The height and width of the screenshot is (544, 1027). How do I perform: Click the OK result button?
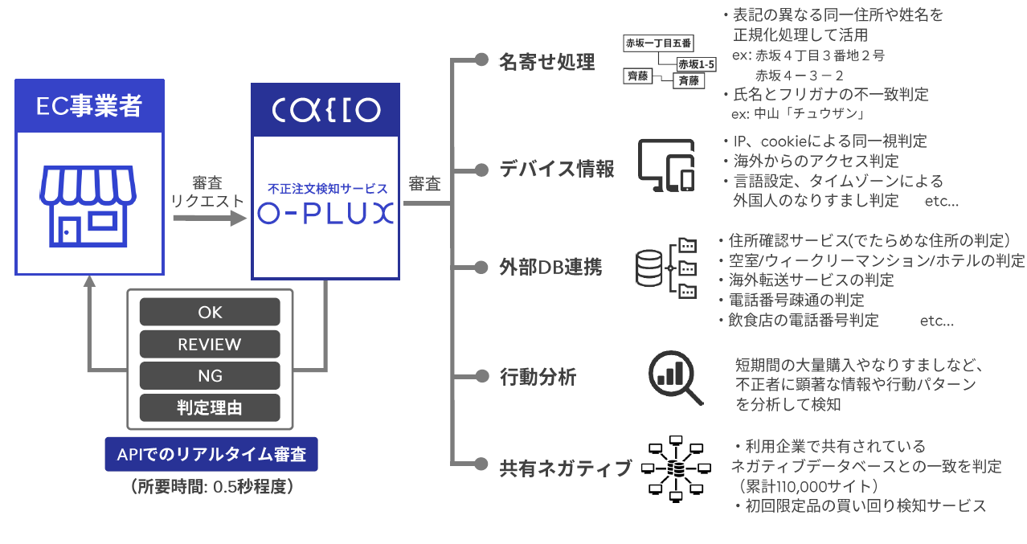(x=210, y=312)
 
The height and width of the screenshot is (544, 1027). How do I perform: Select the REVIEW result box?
(x=210, y=344)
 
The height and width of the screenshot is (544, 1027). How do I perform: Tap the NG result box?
(x=210, y=375)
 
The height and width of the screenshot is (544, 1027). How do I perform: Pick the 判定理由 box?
(x=210, y=407)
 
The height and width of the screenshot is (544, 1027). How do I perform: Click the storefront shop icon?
(x=88, y=207)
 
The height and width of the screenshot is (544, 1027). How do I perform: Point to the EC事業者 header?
(x=89, y=106)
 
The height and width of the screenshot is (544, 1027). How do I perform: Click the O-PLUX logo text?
(x=325, y=214)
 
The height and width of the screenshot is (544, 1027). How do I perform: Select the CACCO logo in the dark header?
(x=326, y=110)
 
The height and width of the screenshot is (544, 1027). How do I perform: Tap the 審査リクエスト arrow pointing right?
(x=210, y=218)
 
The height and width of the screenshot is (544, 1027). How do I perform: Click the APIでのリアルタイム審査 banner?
(x=211, y=454)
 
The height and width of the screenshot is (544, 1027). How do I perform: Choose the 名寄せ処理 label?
(x=546, y=62)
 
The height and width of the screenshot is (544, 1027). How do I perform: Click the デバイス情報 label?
(x=557, y=169)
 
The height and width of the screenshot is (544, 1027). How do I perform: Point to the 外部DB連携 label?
(x=550, y=268)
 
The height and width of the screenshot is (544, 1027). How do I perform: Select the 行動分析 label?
(x=538, y=377)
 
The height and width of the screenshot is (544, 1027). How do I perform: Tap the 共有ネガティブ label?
(x=565, y=468)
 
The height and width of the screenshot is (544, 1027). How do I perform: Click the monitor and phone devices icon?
(x=666, y=166)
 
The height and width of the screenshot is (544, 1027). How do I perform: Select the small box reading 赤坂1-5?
(x=697, y=64)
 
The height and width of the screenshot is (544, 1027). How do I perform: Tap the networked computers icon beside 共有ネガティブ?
(x=676, y=468)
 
